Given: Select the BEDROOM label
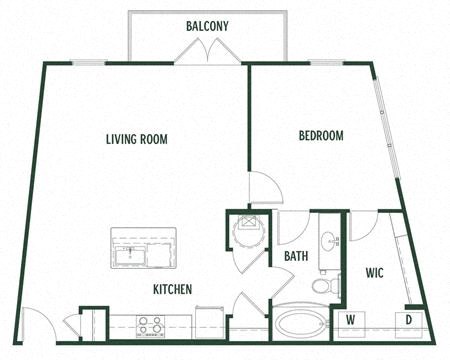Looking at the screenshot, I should pyautogui.click(x=321, y=136).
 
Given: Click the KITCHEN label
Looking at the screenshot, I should pyautogui.click(x=172, y=289).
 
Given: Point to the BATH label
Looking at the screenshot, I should pyautogui.click(x=296, y=256).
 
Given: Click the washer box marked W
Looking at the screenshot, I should pyautogui.click(x=351, y=321).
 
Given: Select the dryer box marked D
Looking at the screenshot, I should pyautogui.click(x=411, y=321).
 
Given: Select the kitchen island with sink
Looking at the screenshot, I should pyautogui.click(x=143, y=250).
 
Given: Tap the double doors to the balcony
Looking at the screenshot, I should pyautogui.click(x=208, y=53).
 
